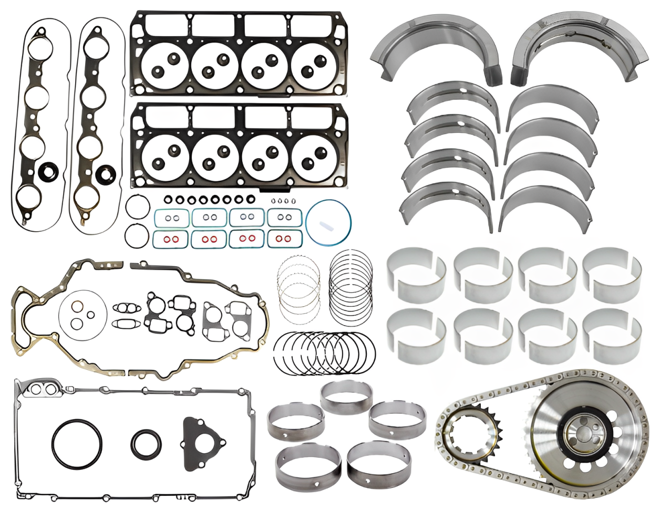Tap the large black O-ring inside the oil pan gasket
pyautogui.click(x=77, y=443)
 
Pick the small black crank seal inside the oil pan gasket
pyautogui.click(x=146, y=444)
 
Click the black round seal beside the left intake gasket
pyautogui.click(x=48, y=170)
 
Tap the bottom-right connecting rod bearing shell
pyautogui.click(x=612, y=336)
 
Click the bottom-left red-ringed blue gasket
pyautogui.click(x=170, y=240)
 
